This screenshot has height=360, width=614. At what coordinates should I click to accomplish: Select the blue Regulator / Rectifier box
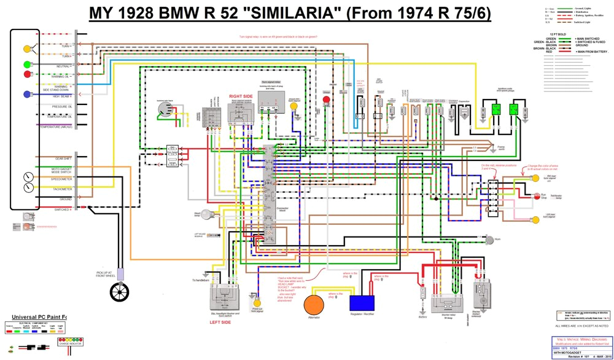362,302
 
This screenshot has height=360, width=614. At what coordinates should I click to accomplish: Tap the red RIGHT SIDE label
241,96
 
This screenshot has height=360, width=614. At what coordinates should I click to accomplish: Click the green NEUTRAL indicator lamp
27,65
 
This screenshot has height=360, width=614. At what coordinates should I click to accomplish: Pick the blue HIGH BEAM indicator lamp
27,94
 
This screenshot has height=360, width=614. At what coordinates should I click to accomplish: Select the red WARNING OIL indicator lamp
27,74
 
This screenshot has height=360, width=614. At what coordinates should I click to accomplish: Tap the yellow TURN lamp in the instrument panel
27,49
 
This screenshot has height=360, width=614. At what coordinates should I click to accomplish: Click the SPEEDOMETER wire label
62,179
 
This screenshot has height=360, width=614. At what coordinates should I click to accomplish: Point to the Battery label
423,317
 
